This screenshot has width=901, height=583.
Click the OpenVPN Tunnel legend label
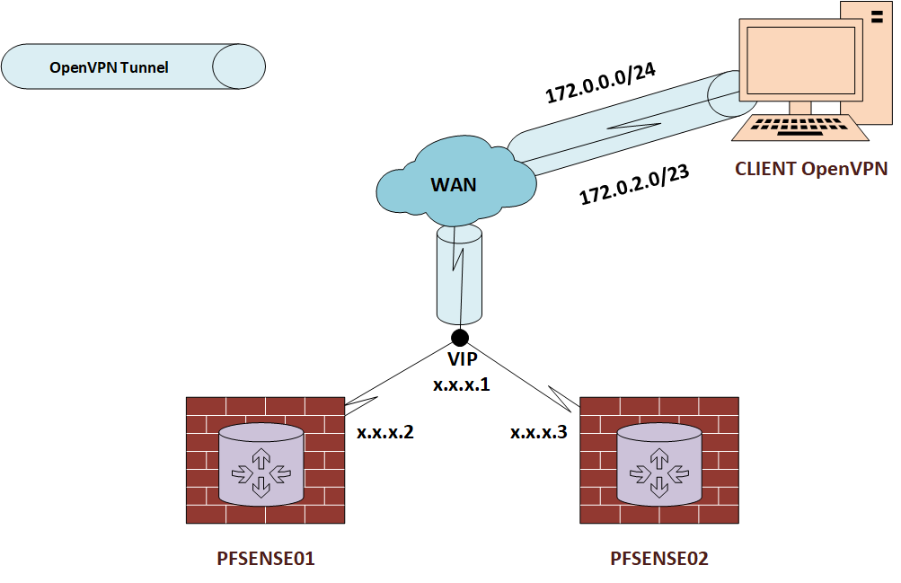(109, 67)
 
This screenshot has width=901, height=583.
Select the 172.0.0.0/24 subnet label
(600, 84)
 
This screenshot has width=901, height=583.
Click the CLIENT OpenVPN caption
(811, 168)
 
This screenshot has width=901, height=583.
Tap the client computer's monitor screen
(798, 58)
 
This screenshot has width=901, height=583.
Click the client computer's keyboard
(800, 128)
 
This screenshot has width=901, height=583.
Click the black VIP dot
(460, 338)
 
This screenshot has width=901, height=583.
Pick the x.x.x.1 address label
(461, 384)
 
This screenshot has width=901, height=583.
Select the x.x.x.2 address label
(385, 432)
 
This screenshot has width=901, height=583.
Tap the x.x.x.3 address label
(539, 432)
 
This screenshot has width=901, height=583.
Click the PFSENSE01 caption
(266, 559)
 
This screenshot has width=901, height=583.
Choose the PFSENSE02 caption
(659, 559)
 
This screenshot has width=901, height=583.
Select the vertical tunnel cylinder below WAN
(459, 274)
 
